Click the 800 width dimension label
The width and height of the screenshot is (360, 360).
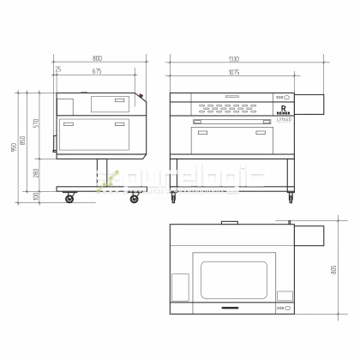[x=97, y=59]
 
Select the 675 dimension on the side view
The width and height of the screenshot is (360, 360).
[x=97, y=71]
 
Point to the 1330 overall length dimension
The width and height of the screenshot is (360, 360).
[x=233, y=59]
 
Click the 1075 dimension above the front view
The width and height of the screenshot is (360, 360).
[x=233, y=71]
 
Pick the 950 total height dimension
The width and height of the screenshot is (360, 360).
[x=14, y=147]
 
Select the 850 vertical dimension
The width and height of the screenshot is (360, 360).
[x=24, y=141]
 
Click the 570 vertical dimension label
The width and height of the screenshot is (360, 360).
[x=35, y=123]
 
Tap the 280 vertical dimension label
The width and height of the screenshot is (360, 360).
[x=35, y=172]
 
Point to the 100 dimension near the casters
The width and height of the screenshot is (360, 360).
[x=35, y=196]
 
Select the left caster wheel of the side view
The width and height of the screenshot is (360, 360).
[x=69, y=199]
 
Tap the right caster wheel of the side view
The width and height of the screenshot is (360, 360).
[x=134, y=199]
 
